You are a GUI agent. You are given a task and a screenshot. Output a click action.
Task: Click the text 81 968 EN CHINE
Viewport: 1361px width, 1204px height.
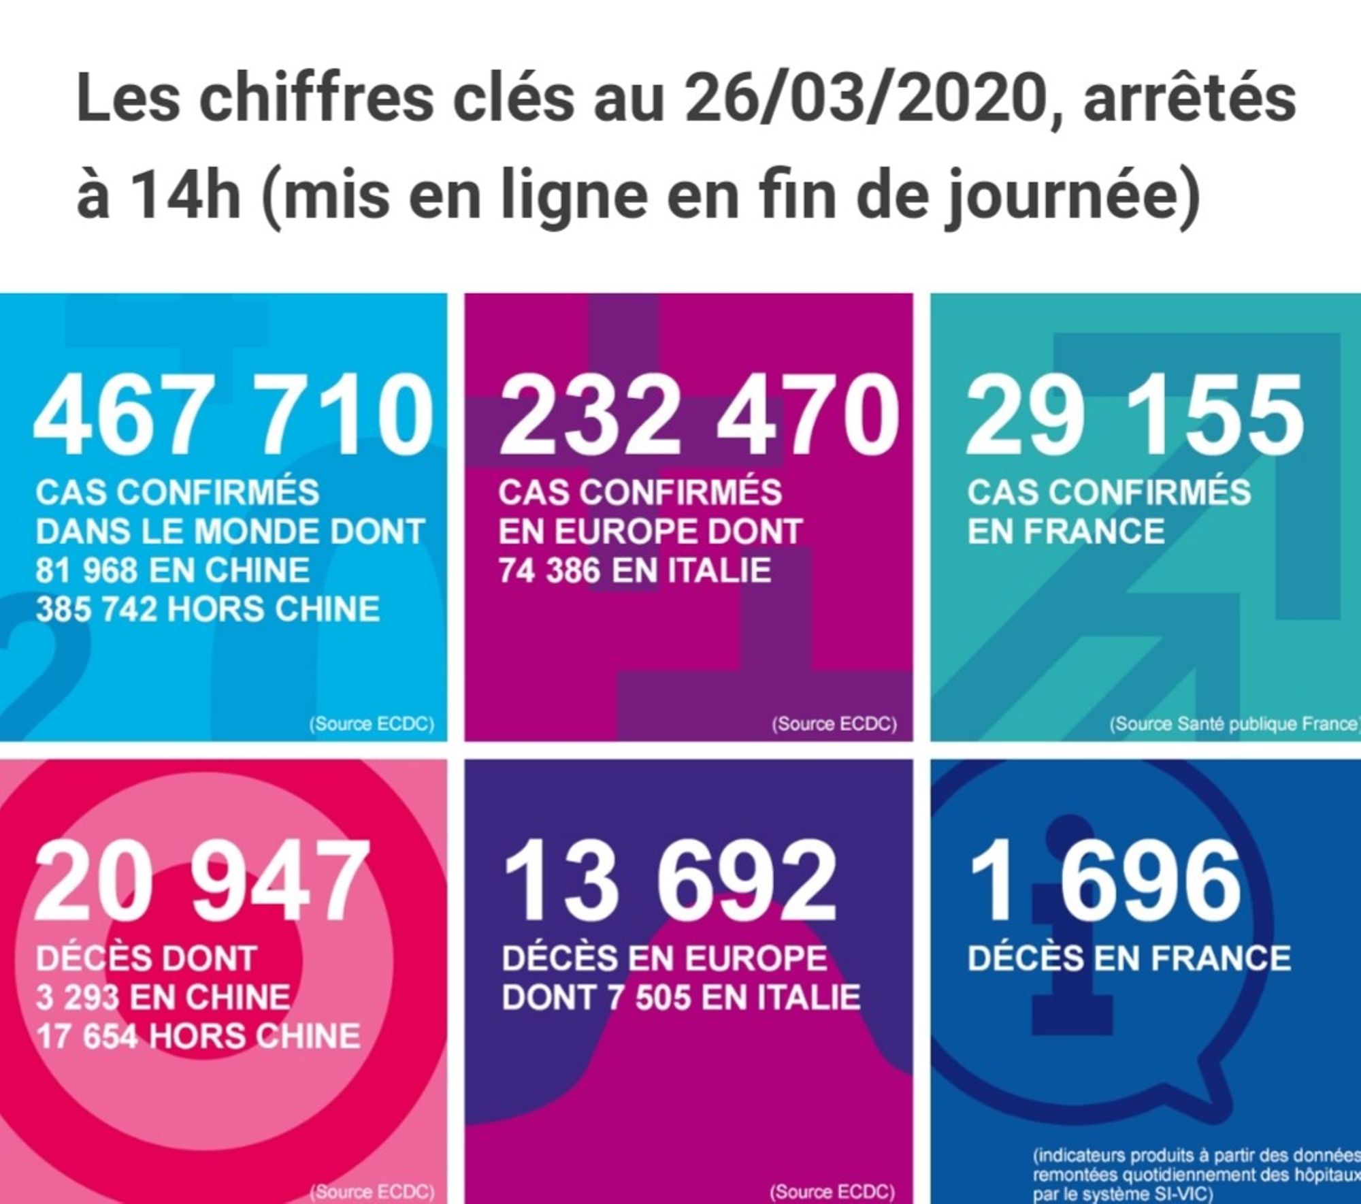click(x=172, y=570)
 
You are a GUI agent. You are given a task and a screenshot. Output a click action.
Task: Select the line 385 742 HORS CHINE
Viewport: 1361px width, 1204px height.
click(x=208, y=609)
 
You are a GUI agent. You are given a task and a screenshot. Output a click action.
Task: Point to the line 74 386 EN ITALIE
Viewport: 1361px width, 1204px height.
click(x=634, y=570)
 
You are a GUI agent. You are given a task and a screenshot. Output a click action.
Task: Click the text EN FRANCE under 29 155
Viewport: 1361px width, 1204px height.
click(x=1066, y=532)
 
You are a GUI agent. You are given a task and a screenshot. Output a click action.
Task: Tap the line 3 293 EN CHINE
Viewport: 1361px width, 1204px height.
click(x=163, y=998)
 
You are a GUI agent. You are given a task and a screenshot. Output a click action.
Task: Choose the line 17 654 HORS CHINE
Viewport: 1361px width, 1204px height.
click(x=198, y=1037)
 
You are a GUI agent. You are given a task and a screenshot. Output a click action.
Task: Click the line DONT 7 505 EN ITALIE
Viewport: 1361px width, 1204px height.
click(x=681, y=998)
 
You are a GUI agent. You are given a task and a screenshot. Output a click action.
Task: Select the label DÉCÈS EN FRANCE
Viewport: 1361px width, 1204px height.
click(x=1129, y=958)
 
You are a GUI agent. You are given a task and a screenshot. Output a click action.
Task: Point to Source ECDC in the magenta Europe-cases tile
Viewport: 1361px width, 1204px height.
click(x=834, y=723)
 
